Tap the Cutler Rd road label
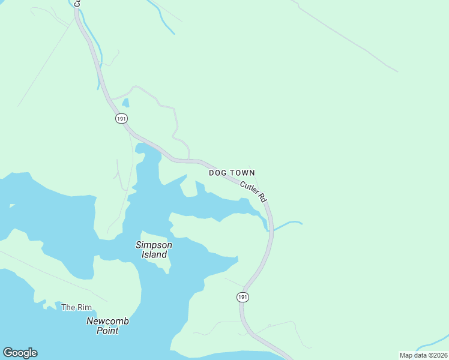pyautogui.click(x=253, y=190)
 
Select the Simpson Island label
pyautogui.click(x=154, y=250)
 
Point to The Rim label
pyautogui.click(x=77, y=307)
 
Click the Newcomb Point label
pyautogui.click(x=107, y=326)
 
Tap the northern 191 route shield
pyautogui.click(x=122, y=119)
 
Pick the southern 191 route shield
pyautogui.click(x=242, y=297)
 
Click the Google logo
pyautogui.click(x=20, y=353)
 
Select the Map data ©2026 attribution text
pyautogui.click(x=423, y=355)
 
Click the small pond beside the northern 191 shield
pyautogui.click(x=125, y=103)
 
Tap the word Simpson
pyautogui.click(x=154, y=245)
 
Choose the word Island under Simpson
pyautogui.click(x=154, y=254)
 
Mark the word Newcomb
pyautogui.click(x=107, y=321)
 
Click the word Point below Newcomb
pyautogui.click(x=107, y=331)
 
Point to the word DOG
pyautogui.click(x=217, y=173)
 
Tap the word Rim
pyautogui.click(x=84, y=307)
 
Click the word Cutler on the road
pyautogui.click(x=249, y=187)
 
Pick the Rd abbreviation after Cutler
pyautogui.click(x=262, y=197)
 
